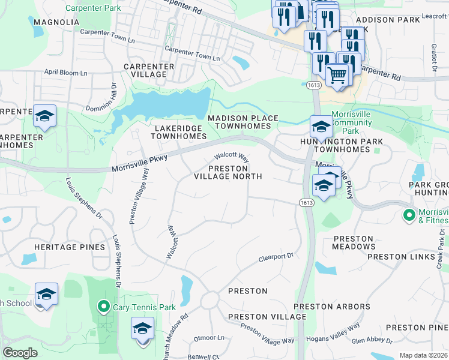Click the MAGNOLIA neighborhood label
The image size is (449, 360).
point(56,22)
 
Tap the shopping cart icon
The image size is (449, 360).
point(338,76)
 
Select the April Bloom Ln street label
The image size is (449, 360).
point(66,72)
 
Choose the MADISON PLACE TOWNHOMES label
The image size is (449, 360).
point(243,122)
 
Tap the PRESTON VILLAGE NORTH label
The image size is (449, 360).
point(228,172)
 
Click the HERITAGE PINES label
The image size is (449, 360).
point(64,247)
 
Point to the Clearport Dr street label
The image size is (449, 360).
point(276,257)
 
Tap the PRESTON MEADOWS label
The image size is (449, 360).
point(354,242)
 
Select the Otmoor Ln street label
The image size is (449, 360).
point(209,338)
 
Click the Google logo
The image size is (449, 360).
point(20,353)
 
